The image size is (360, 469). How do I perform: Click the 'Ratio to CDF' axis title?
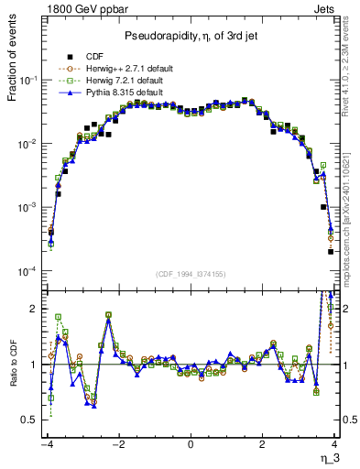(x=13, y=380)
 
